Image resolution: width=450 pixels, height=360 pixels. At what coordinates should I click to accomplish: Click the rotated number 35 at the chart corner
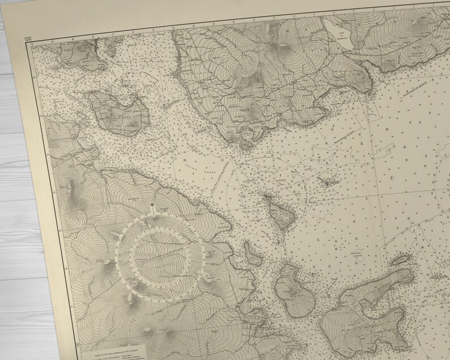27,39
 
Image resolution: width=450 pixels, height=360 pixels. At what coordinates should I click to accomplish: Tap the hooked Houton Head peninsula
247,138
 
